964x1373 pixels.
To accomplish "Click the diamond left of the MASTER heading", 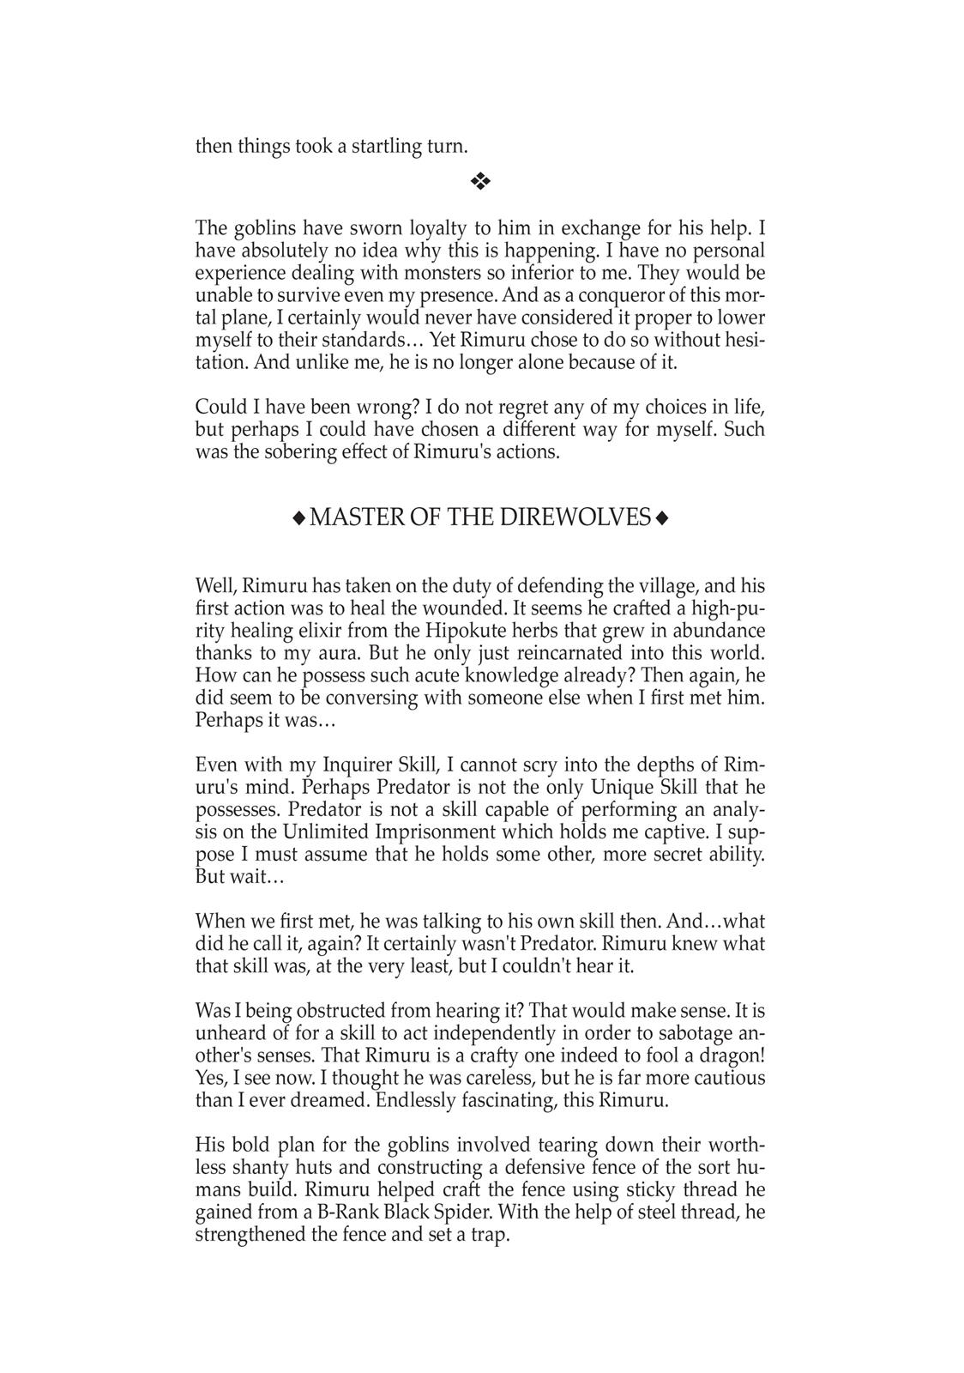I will [298, 517].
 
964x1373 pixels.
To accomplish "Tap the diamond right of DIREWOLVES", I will [661, 517].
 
